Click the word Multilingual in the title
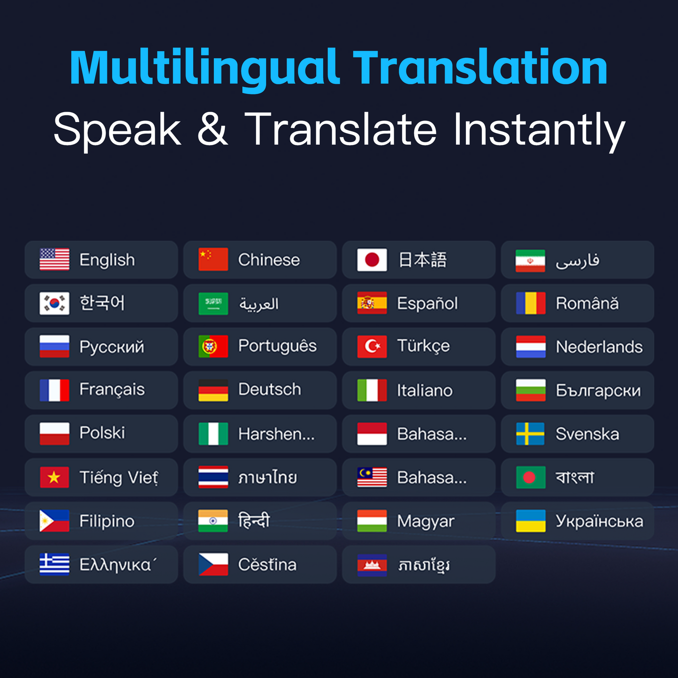[x=205, y=68]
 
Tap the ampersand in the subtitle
[x=212, y=129]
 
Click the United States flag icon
[x=54, y=259]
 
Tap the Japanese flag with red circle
[x=372, y=259]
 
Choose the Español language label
[x=427, y=304]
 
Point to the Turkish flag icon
[x=372, y=347]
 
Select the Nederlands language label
[x=599, y=347]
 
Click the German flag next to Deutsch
[x=213, y=390]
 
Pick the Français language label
[x=112, y=390]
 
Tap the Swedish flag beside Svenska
[x=531, y=434]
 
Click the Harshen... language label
[x=276, y=434]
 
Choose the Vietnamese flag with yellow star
[x=54, y=477]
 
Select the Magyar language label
[x=426, y=521]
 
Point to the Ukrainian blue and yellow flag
[x=531, y=521]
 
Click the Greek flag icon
[x=54, y=564]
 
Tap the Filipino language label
[x=107, y=521]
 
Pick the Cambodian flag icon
[x=372, y=564]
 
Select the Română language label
[x=587, y=304]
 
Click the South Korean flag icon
[x=54, y=303]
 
